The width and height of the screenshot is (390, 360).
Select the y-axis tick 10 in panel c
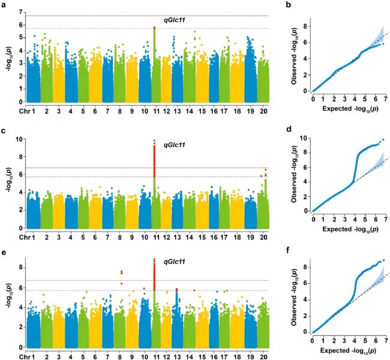click(x=22, y=139)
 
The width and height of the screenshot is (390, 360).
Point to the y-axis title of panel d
click(x=298, y=175)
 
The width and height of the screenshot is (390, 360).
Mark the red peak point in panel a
click(x=154, y=28)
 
